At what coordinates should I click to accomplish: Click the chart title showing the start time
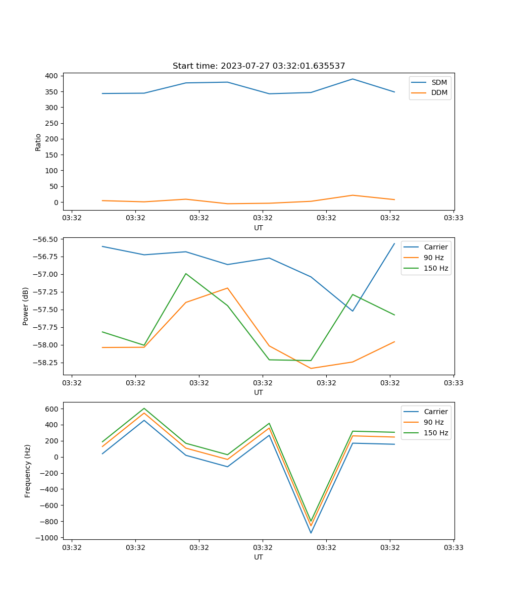point(259,66)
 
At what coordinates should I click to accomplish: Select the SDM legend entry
point(439,82)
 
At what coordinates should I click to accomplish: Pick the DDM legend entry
point(439,93)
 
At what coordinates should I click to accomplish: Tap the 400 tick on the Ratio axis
point(52,76)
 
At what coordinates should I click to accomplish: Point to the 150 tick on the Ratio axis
point(52,155)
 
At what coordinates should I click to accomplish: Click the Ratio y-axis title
point(38,142)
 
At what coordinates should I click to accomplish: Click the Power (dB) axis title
point(26,306)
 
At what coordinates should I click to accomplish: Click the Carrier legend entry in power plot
point(435,247)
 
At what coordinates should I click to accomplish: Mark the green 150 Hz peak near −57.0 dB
point(186,274)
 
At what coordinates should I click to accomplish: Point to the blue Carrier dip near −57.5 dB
point(352,311)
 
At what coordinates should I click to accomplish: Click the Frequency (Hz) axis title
point(28,471)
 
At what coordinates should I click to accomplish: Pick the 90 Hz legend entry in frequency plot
point(433,422)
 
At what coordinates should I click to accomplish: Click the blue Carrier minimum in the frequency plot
point(311,533)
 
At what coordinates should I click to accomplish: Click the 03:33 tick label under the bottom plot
point(453,547)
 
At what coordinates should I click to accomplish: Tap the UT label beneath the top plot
point(259,228)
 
